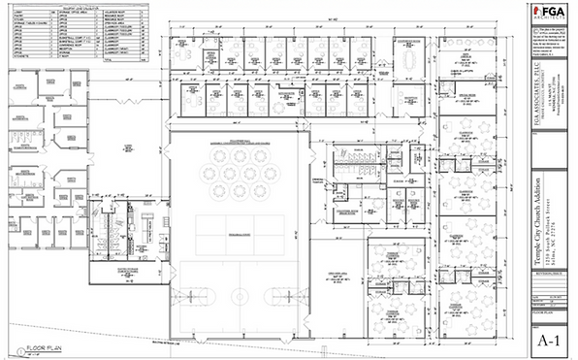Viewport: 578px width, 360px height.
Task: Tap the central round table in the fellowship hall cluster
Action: coord(239,177)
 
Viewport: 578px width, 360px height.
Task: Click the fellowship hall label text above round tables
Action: coord(239,143)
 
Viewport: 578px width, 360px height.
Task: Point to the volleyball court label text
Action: coord(239,235)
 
